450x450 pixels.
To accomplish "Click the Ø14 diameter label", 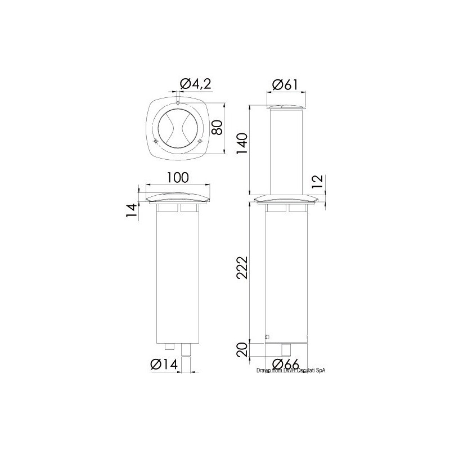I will [x=164, y=364].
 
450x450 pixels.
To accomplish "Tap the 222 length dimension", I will [x=242, y=272].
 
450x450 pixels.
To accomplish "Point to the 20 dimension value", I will [x=242, y=350].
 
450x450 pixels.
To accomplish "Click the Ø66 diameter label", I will [x=285, y=364].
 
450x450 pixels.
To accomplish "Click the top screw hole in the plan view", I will [x=177, y=103].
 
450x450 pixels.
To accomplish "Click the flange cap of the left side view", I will [x=177, y=200].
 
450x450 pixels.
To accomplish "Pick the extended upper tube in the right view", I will [x=287, y=152].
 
